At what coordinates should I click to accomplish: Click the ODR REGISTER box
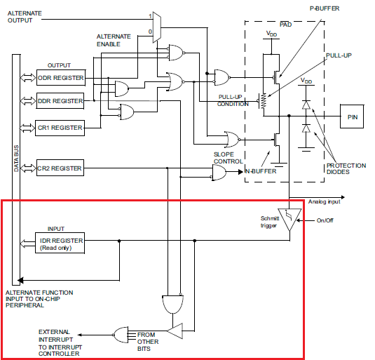click(x=61, y=78)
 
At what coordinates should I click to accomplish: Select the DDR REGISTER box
click(x=60, y=101)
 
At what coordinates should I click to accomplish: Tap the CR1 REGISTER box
click(x=60, y=128)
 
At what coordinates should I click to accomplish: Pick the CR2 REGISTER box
click(x=60, y=168)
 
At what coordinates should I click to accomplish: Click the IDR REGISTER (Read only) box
click(x=60, y=243)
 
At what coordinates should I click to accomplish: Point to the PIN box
click(x=352, y=116)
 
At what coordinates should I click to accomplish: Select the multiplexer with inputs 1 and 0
click(x=157, y=27)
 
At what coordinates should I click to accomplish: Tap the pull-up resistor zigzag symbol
click(x=264, y=101)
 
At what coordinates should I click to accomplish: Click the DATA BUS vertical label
click(x=16, y=158)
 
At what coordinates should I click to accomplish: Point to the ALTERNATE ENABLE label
click(x=114, y=40)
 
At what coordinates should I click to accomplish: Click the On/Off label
click(x=325, y=220)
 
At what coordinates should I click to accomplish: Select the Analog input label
click(x=324, y=202)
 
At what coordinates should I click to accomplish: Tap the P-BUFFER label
click(x=325, y=8)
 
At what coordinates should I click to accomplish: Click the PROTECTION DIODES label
click(x=346, y=168)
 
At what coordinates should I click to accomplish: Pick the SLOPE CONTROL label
click(x=229, y=158)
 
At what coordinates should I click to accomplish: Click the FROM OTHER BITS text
click(x=148, y=342)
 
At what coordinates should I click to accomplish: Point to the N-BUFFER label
click(x=261, y=171)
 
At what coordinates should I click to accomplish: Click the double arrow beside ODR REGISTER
click(x=28, y=78)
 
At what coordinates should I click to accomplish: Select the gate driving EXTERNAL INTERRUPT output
click(x=121, y=335)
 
